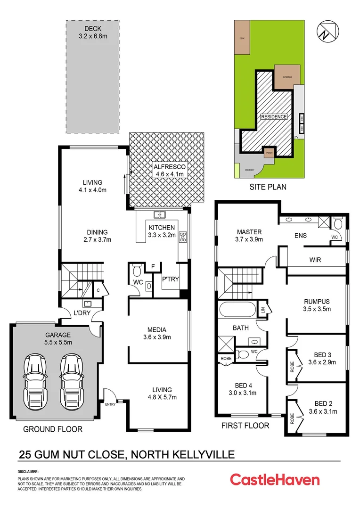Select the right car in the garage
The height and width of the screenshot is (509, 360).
71,376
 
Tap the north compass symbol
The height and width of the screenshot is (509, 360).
327,31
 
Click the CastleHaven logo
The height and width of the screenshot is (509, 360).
275,480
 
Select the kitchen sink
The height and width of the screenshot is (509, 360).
159,215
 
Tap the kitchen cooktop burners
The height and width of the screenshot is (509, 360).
181,237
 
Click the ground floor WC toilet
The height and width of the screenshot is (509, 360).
137,271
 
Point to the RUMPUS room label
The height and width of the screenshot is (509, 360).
316,305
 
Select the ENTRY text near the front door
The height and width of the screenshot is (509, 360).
110,404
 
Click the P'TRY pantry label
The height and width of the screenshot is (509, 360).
169,279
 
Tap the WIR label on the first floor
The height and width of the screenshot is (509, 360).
315,260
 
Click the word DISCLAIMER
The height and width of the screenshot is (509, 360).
28,471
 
